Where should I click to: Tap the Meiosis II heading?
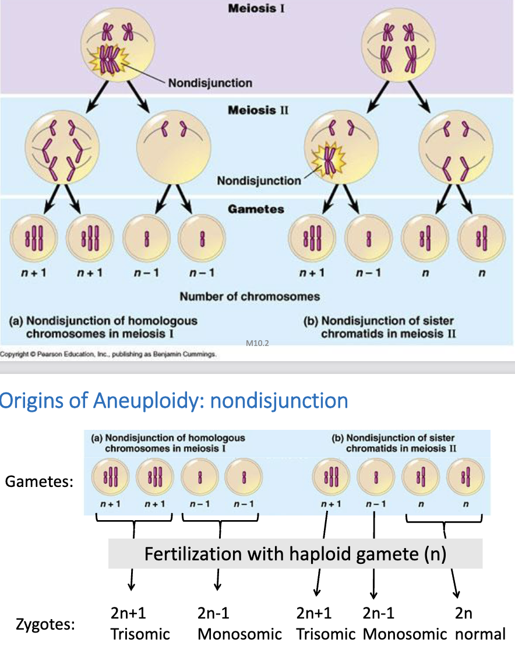coord(257,110)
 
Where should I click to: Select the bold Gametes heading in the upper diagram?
coord(256,209)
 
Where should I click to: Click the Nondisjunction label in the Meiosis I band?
coord(210,83)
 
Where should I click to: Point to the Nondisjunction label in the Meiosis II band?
coord(259,181)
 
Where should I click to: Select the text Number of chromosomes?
coord(249,296)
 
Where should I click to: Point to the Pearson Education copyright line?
coord(108,354)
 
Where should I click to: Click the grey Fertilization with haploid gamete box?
coord(295,553)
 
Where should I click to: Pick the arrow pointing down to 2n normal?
coord(455,582)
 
